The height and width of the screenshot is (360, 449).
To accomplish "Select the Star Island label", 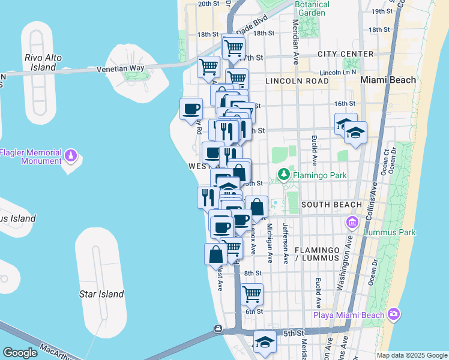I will (x=101, y=294).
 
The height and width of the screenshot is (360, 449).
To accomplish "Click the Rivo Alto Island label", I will (x=43, y=62).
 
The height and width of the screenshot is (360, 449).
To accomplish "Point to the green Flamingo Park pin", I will (x=283, y=175).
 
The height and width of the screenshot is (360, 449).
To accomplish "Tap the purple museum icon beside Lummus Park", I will (x=352, y=223).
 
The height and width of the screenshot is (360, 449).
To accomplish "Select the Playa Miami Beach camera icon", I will (x=394, y=314).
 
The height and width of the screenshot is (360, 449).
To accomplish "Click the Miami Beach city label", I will (x=388, y=80).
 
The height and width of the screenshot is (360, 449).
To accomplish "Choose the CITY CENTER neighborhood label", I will (x=346, y=54).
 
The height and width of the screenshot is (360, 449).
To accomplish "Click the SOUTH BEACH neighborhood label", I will (x=332, y=205).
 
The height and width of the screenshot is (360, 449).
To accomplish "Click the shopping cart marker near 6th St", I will (x=252, y=294).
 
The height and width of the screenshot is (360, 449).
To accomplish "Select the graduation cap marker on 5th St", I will (x=264, y=342).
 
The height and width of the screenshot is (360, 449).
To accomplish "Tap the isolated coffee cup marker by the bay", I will (x=191, y=109).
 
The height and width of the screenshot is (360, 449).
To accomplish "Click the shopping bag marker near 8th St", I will (x=215, y=254).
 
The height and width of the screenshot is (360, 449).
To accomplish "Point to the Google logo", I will (x=20, y=353).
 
